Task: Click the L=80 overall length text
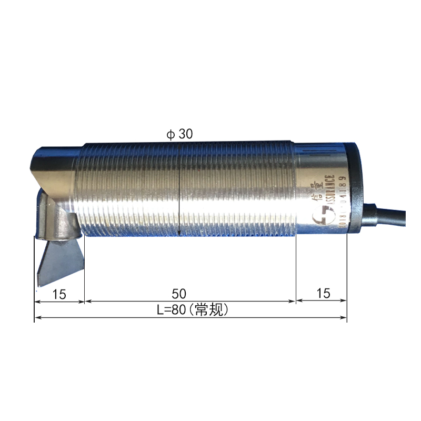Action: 171,310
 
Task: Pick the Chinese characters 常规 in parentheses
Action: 210,310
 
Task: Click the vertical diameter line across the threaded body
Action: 180,189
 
